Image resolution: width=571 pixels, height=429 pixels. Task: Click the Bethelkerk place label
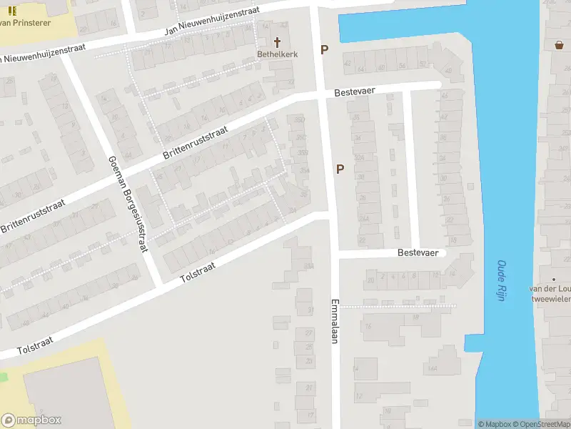pos(278,54)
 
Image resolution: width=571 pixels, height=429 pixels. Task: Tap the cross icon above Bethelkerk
pos(278,42)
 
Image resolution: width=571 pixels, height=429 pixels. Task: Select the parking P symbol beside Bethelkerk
pos(324,50)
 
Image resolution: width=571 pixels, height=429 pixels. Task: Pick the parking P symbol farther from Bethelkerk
pos(340,169)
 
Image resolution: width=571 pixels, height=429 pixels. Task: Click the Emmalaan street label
pos(333,321)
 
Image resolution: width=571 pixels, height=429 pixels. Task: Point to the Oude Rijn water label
pos(501,280)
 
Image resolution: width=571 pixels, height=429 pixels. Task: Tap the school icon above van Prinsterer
pos(12,11)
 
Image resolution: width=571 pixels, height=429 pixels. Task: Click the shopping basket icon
pos(559,45)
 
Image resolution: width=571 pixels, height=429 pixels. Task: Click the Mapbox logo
pos(31,420)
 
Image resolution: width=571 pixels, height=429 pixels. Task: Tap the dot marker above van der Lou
pos(553,279)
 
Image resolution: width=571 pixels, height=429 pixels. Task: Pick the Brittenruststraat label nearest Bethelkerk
pos(195,143)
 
